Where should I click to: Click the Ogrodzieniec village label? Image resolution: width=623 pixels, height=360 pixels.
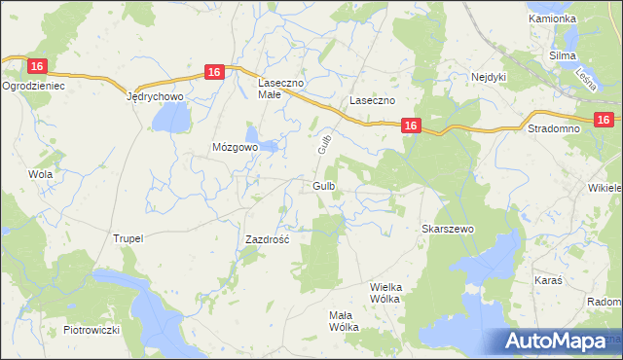click(x=33, y=86)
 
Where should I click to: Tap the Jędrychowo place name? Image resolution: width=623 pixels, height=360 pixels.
click(x=156, y=98)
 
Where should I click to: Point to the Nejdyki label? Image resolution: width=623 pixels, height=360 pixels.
click(x=491, y=77)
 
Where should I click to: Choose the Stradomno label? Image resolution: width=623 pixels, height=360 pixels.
click(x=552, y=128)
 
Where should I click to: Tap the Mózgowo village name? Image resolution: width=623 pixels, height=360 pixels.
click(x=235, y=147)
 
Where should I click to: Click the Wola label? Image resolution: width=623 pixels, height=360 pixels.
click(x=40, y=174)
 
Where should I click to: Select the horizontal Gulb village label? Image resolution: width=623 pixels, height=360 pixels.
click(x=326, y=185)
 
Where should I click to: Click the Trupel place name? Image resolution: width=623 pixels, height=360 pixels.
click(x=128, y=238)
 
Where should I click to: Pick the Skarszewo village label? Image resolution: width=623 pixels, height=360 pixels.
click(x=446, y=229)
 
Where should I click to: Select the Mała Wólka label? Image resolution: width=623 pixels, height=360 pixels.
click(x=344, y=321)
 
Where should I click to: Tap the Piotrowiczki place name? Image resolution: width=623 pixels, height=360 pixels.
click(x=92, y=330)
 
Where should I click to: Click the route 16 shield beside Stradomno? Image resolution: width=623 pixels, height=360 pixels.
click(x=604, y=120)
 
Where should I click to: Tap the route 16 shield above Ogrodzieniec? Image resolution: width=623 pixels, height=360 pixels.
click(x=37, y=66)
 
